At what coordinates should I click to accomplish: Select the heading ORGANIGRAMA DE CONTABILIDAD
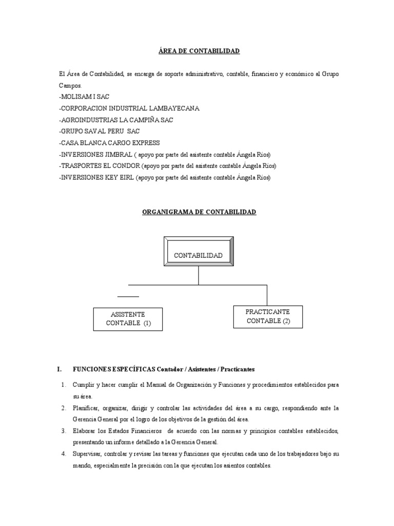[x=199, y=212]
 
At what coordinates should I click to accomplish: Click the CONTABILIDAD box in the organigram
[x=199, y=255]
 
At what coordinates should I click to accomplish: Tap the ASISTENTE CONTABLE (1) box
[x=127, y=319]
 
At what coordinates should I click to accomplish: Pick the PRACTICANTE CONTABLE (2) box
[x=268, y=316]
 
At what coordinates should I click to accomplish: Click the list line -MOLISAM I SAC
[x=84, y=97]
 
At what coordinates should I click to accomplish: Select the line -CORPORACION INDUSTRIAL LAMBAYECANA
[x=129, y=108]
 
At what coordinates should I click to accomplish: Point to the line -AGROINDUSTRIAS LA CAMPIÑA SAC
[x=116, y=120]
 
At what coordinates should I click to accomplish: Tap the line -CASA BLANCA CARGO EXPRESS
[x=109, y=143]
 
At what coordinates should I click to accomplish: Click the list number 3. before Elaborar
[x=63, y=430]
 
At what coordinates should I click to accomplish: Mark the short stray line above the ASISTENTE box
[x=128, y=297]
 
